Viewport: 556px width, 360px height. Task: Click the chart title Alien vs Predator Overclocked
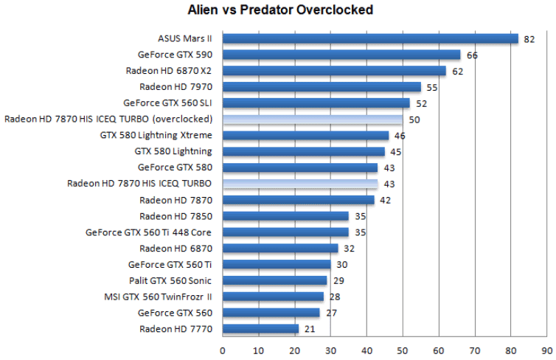point(279,10)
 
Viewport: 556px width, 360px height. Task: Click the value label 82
point(529,39)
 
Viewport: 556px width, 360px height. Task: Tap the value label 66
point(471,55)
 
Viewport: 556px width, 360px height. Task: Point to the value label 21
point(309,329)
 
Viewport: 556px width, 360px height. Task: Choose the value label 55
point(431,87)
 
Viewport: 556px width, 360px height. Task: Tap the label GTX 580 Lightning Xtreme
point(156,135)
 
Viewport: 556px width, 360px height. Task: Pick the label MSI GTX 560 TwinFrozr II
point(159,297)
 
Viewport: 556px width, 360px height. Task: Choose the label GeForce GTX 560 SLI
point(168,103)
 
